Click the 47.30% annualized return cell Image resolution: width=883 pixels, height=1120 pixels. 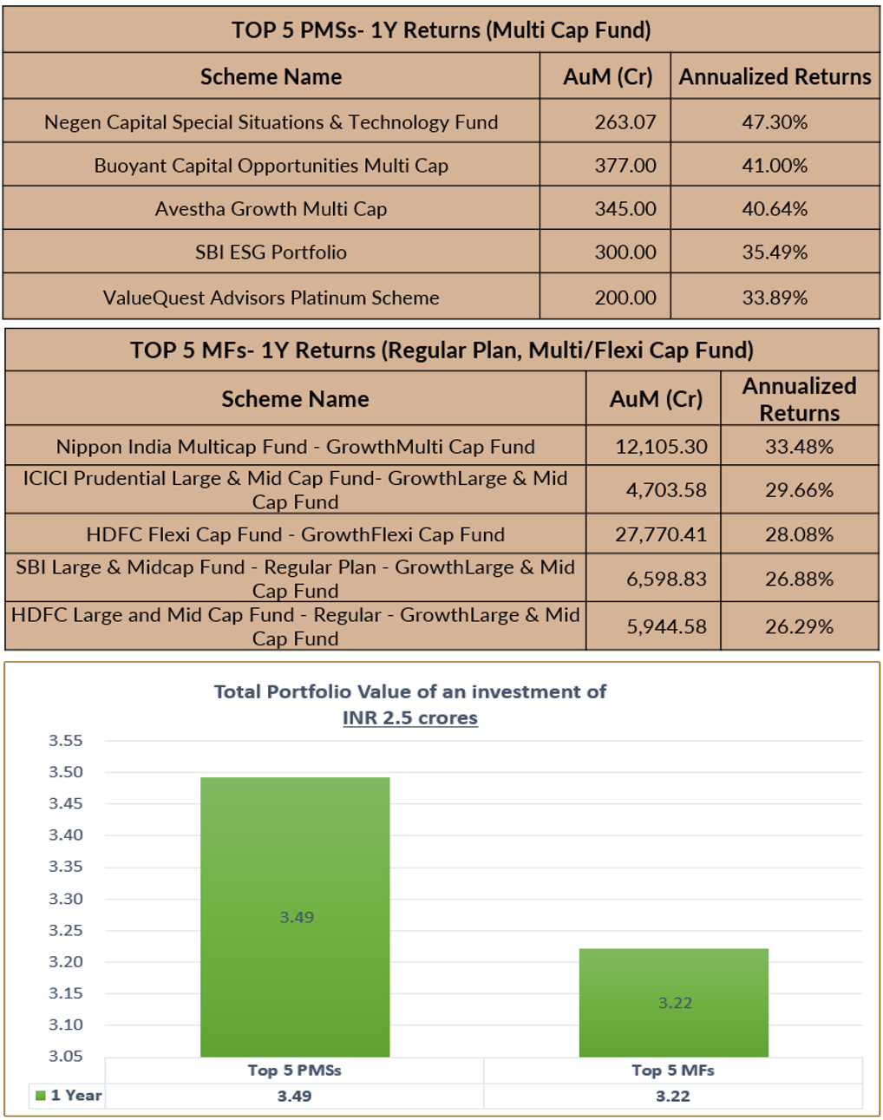pyautogui.click(x=775, y=122)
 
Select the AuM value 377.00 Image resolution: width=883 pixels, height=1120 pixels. pyautogui.click(x=625, y=166)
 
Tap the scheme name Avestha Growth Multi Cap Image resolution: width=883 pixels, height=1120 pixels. pyautogui.click(x=271, y=209)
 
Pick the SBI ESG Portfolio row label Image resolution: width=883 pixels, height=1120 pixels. pyautogui.click(x=271, y=252)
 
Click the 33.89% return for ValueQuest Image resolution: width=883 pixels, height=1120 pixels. pyautogui.click(x=775, y=298)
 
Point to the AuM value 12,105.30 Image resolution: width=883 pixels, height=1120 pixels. pyautogui.click(x=661, y=447)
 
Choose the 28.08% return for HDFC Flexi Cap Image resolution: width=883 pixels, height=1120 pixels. pyautogui.click(x=799, y=534)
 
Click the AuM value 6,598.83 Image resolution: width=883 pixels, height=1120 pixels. pyautogui.click(x=666, y=579)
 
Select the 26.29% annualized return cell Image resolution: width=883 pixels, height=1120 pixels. pyautogui.click(x=799, y=626)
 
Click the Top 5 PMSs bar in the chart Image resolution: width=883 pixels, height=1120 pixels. pyautogui.click(x=295, y=916)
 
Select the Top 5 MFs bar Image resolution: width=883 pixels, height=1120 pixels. pyautogui.click(x=673, y=1002)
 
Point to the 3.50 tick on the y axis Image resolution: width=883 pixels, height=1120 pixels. pyautogui.click(x=66, y=772)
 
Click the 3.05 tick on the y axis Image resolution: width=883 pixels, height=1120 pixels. pyautogui.click(x=66, y=1056)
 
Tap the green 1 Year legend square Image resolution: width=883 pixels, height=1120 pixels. pyautogui.click(x=40, y=1096)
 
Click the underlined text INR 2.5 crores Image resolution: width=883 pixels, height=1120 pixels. pyautogui.click(x=410, y=717)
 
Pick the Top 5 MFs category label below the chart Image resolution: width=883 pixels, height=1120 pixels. pyautogui.click(x=673, y=1070)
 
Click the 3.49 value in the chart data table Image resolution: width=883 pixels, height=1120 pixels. pyautogui.click(x=294, y=1096)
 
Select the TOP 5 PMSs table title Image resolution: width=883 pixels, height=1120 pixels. pyautogui.click(x=441, y=30)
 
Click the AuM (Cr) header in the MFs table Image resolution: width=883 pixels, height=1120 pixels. pyautogui.click(x=656, y=399)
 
